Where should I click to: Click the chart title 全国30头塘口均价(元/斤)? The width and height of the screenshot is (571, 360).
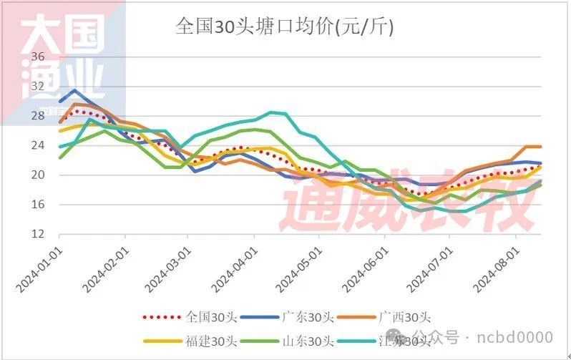(285, 27)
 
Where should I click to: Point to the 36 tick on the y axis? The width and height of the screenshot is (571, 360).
(38, 57)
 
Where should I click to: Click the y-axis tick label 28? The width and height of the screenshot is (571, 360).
(38, 116)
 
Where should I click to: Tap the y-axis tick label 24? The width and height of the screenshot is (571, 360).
(38, 145)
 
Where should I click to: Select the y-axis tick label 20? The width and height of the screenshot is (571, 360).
(38, 175)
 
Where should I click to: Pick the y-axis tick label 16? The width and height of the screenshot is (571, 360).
(38, 205)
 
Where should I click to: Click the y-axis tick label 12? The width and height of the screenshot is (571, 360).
(38, 234)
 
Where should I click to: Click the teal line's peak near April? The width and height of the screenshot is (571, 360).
(272, 112)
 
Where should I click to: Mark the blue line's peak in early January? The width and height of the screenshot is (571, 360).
(74, 90)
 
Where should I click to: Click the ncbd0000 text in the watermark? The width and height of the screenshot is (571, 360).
(516, 336)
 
